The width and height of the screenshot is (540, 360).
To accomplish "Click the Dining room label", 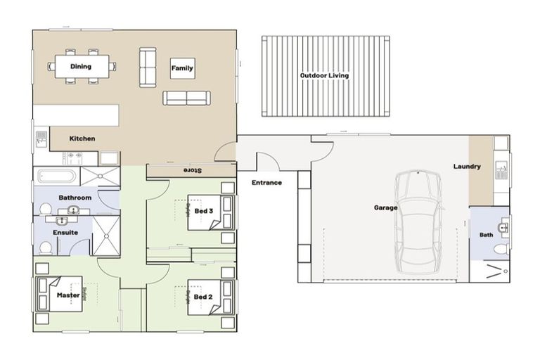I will click(x=81, y=67).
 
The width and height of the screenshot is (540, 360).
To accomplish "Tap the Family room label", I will click(x=182, y=68).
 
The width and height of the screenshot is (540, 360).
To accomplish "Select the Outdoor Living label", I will click(x=324, y=75).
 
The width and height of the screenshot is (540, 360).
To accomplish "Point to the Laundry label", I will click(x=467, y=167).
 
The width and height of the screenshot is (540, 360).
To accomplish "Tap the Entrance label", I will click(x=266, y=183).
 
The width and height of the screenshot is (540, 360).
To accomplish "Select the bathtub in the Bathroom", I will click(x=56, y=176).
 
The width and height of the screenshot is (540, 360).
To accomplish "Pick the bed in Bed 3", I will click(x=207, y=211).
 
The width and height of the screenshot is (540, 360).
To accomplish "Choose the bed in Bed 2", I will click(x=207, y=297).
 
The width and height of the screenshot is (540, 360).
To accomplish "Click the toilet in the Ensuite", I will click(x=45, y=247).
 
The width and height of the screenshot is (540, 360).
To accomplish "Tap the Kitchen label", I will click(x=82, y=139).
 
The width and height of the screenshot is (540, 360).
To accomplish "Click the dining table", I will click(x=82, y=67).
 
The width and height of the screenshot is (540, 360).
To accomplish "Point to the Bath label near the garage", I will click(x=486, y=235).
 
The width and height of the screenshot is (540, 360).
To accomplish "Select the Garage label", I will click(x=385, y=208).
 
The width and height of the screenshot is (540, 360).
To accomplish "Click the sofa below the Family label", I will click(x=186, y=98).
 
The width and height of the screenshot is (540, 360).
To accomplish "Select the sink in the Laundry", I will click(x=501, y=169).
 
